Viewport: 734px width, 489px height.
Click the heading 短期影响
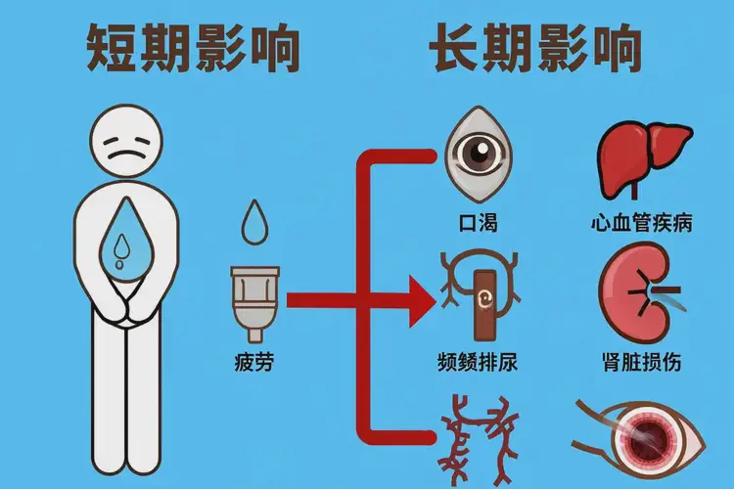point(193,46)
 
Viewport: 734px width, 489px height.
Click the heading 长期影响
point(536,46)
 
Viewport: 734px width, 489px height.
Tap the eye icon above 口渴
point(479,153)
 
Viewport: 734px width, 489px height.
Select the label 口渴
point(479,222)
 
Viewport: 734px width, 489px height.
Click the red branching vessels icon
point(480,440)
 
